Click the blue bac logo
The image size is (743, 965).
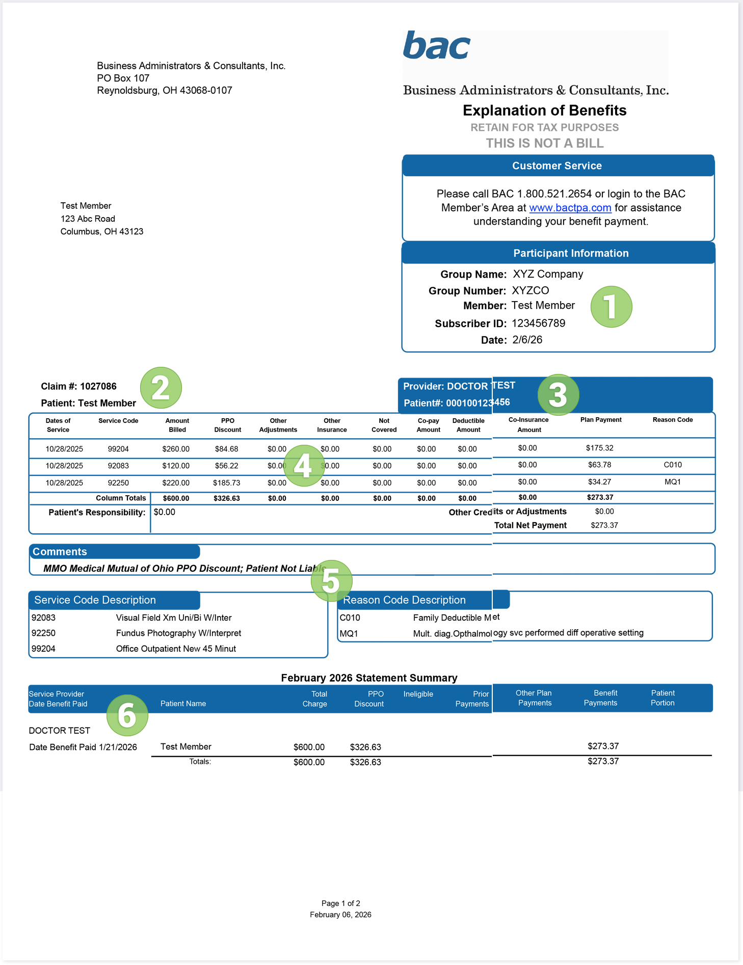(x=436, y=46)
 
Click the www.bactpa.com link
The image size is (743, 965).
(x=570, y=208)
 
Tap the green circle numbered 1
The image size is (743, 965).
(x=611, y=307)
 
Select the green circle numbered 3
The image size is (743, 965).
(x=558, y=395)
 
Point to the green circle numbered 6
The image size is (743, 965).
(x=127, y=715)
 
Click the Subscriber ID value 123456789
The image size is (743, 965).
(x=538, y=324)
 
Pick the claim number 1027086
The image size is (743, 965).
(x=98, y=386)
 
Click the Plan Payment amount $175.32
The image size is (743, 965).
(x=599, y=448)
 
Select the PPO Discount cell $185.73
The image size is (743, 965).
(x=226, y=483)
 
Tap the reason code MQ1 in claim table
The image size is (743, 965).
(x=672, y=482)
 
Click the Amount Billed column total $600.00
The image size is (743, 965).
(x=176, y=498)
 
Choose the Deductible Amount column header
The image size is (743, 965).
(x=468, y=425)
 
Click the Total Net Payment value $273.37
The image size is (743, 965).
(x=604, y=525)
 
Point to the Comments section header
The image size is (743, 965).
(x=60, y=552)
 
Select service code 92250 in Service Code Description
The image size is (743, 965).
(x=43, y=633)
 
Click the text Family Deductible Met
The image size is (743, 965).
(x=456, y=618)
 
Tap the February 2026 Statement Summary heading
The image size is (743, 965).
(x=369, y=678)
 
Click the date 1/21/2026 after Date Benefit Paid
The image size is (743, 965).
(x=118, y=747)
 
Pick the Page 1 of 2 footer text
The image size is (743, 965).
(x=340, y=903)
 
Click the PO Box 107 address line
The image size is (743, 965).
(x=123, y=78)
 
